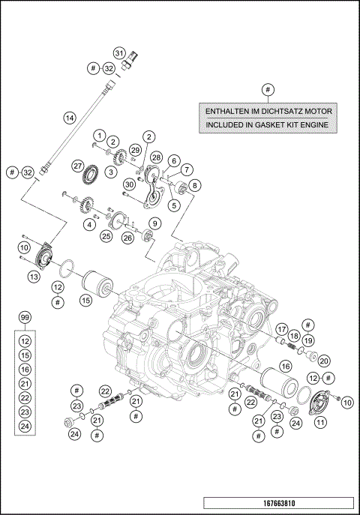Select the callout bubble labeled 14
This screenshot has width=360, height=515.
69,118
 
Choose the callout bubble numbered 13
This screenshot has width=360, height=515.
33,277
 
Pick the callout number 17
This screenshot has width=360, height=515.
282,328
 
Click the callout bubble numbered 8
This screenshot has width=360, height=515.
195,184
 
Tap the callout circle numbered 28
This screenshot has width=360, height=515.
156,157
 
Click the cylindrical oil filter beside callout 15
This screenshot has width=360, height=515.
96,287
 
